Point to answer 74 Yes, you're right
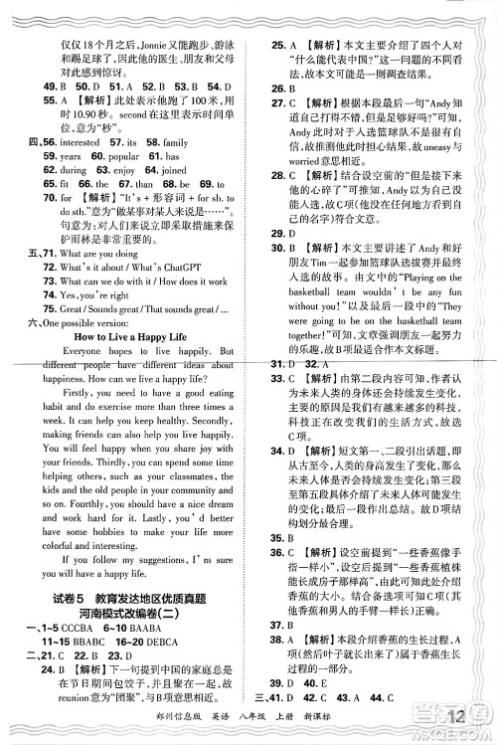[109, 324]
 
